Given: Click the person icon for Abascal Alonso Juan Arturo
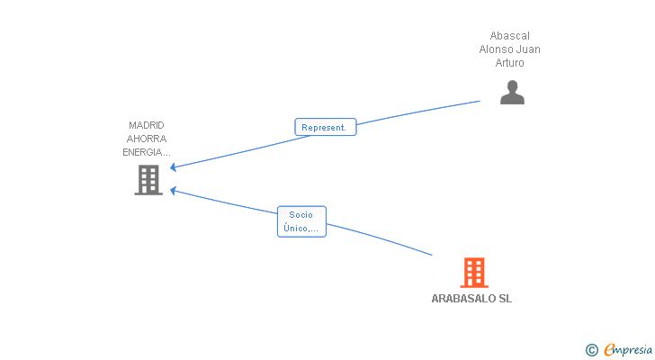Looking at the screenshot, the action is pos(512,93).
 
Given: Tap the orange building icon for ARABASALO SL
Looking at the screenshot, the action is pos(474,273).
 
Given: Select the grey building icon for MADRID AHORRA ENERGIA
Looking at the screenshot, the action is pos(148,180).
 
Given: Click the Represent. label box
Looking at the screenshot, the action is pos(326,127).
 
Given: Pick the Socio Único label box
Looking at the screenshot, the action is pos(301,221).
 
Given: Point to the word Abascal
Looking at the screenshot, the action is pos(509,36).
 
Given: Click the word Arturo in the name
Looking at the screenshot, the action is pos(509,63).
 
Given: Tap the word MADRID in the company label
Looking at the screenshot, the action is pos(146,125).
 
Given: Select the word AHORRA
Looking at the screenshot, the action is pos(147,139).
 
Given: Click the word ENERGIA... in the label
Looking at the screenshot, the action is pos(146,152).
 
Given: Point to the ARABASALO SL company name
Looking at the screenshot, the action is pos(471,299).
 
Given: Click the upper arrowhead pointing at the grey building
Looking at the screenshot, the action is pos(173,167).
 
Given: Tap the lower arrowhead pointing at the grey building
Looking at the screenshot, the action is pos(173,191).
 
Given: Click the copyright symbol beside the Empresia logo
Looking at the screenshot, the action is pos(591,350).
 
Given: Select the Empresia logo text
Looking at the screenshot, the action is pos(628,350).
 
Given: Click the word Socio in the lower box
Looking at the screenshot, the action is pos(301,215).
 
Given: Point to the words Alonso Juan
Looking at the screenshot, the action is pos(509,49).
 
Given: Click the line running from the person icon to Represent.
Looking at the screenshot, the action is pos(418,112).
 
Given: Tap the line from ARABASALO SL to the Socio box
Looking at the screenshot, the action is pos(380,238).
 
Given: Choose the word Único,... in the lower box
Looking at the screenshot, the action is pos(301,228).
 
